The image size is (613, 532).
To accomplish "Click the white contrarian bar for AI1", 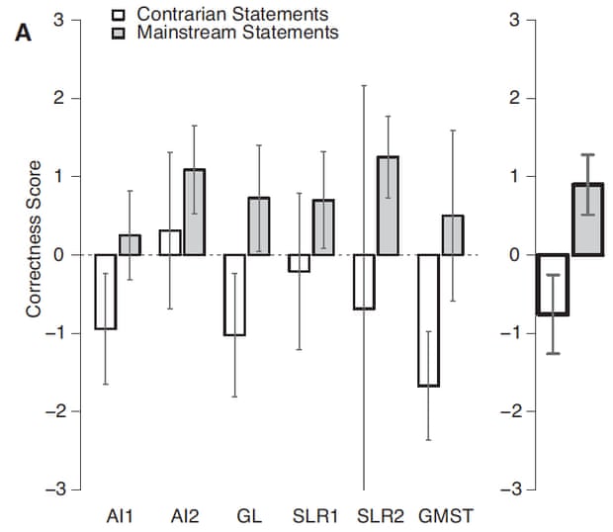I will coord(106,292).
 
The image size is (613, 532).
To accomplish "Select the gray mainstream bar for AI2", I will coord(194,213).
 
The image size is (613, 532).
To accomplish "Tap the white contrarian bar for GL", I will coord(234,295).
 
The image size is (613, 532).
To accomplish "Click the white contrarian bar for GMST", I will coord(428,320).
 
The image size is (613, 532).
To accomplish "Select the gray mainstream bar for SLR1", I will coord(322,227).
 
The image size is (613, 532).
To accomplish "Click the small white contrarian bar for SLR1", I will coord(299,263).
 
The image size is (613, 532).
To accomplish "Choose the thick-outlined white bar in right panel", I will coord(553,285).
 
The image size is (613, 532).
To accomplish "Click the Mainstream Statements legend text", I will coord(237,33).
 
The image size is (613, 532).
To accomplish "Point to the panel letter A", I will coord(23,32).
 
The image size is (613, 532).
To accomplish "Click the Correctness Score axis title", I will coord(34,238).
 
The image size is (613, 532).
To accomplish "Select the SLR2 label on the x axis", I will coord(376,516).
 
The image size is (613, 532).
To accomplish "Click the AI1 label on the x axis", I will coord(120,516).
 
